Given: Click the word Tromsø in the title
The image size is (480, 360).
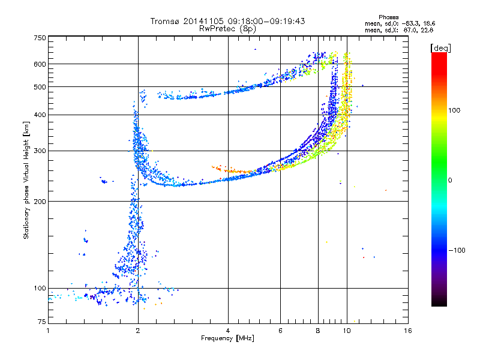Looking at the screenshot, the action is point(166,21).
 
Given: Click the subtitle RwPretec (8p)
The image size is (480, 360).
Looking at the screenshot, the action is point(227,28).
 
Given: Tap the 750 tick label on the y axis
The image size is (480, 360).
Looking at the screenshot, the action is point(40,38).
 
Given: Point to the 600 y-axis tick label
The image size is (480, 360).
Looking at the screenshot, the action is point(40,64).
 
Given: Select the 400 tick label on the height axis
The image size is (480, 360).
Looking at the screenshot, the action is point(40,115).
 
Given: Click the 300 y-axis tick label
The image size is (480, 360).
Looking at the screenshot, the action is point(40,151).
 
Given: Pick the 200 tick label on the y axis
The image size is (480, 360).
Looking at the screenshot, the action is point(40,202).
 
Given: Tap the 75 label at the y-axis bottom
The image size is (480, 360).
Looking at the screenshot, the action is point(42,322).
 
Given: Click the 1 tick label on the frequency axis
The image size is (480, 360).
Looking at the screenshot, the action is point(48,331).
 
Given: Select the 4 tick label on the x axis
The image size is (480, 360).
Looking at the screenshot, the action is point(228,331).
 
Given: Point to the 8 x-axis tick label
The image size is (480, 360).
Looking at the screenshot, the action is point(318,331).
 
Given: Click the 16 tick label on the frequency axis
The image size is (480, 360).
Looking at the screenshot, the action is point(408,331).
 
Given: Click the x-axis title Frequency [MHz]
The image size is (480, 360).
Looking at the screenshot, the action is point(227,338).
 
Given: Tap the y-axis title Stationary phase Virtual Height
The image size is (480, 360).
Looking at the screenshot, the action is point(26,181).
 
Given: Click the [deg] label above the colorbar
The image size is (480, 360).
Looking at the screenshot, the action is point(441,48).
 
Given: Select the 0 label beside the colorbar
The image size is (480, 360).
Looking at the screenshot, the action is point(450,181).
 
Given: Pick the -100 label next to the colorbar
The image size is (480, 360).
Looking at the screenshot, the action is point(457,250).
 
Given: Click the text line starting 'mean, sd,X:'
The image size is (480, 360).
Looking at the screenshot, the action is point(399,31).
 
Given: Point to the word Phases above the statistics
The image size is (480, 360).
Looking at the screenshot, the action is point(388,17).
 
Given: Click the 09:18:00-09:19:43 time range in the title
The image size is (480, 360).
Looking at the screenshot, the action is point(266,21).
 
